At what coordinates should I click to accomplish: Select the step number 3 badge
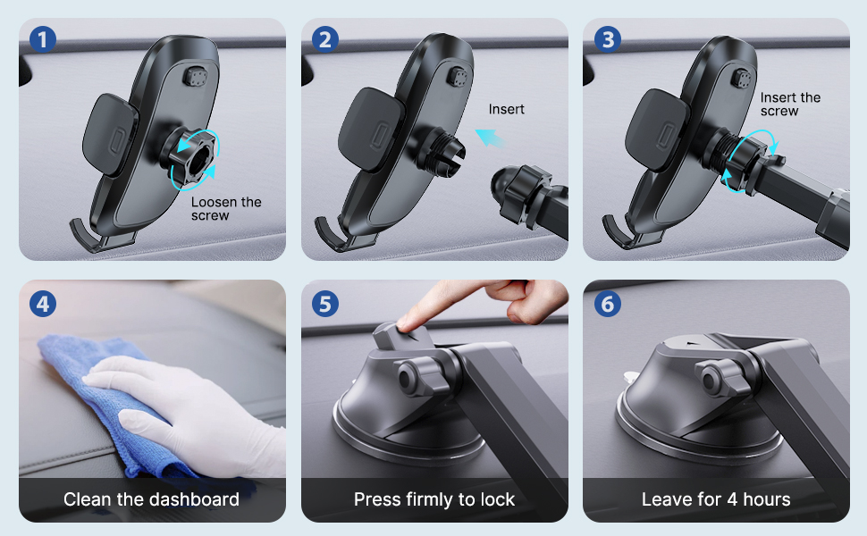point(609,40)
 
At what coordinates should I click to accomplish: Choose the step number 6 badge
point(609,304)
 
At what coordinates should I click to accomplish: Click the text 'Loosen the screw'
point(225,208)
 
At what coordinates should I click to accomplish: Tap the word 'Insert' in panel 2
point(506,109)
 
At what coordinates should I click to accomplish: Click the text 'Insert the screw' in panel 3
point(789,104)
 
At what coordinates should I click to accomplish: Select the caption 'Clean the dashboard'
point(151,499)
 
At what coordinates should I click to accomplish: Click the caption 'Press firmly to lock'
point(434,499)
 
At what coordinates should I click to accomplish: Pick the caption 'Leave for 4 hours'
point(716,499)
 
